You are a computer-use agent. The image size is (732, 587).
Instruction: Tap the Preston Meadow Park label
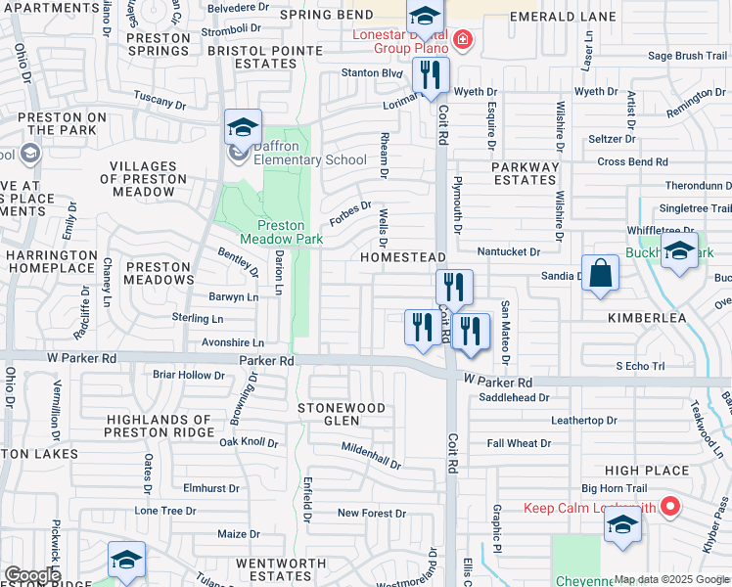pos(282,232)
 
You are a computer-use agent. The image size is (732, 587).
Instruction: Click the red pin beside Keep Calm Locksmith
pos(670,507)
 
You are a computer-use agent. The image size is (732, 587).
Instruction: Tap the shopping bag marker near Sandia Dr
pos(601,273)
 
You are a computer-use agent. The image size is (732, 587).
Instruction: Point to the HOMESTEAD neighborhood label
pos(403,256)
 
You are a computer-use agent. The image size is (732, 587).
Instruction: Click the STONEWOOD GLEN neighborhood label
pos(342,414)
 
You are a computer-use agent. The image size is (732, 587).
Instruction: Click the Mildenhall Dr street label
pos(371,455)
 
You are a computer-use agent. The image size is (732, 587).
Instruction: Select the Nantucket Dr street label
pos(508,251)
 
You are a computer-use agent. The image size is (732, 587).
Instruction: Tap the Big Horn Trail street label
pos(615,487)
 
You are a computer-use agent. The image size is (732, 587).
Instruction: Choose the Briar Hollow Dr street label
pos(189,375)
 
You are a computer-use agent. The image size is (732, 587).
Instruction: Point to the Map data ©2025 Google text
pos(671,580)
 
